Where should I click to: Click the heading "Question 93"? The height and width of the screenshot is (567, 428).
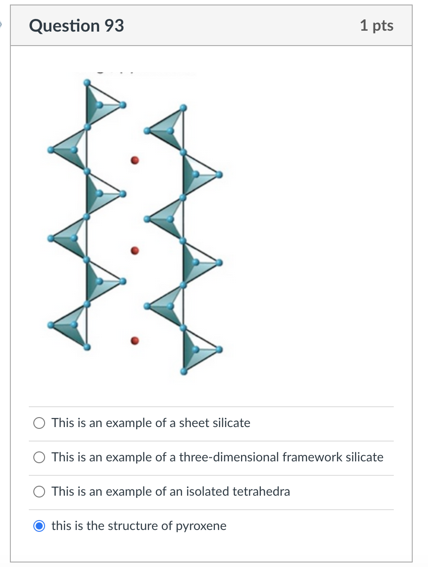77,26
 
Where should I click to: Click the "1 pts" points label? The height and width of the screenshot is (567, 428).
377,26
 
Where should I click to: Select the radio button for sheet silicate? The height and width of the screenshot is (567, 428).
39,423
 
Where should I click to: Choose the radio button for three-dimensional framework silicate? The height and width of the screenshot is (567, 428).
39,457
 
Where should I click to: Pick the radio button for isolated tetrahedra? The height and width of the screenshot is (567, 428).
39,492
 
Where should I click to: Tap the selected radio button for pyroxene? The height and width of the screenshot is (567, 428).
39,526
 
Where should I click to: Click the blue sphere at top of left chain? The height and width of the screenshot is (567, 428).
87,83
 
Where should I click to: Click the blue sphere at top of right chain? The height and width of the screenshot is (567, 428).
183,108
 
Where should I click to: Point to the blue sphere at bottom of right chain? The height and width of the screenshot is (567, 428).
183,372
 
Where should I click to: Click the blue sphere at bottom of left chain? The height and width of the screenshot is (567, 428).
87,347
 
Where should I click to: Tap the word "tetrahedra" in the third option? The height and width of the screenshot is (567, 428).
261,492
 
